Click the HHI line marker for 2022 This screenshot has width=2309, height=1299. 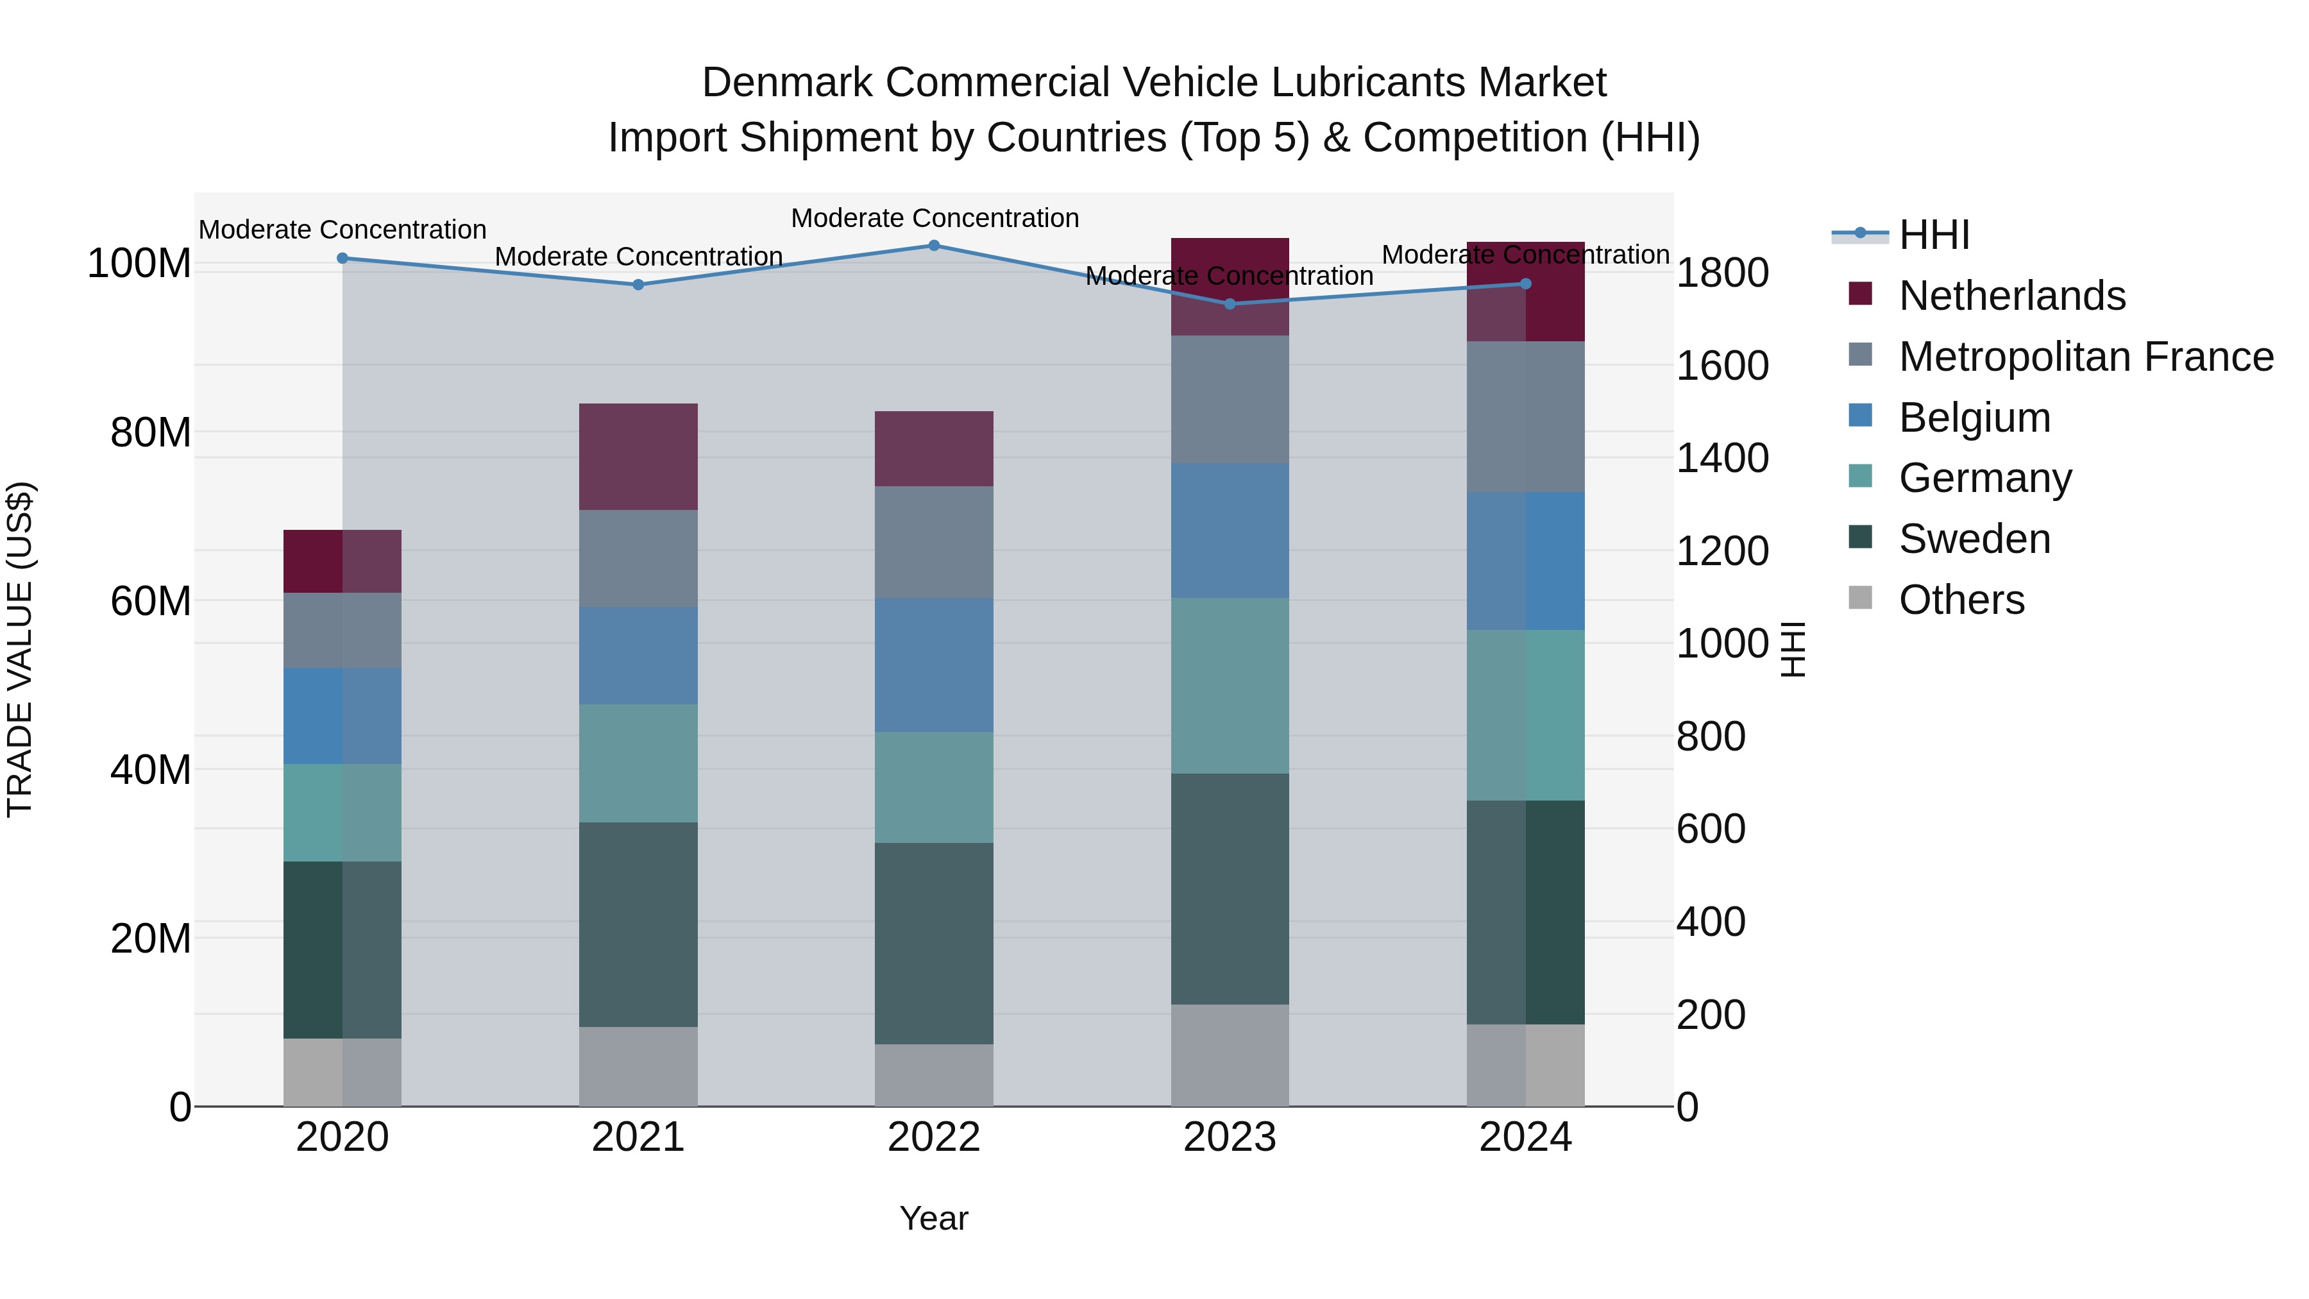[x=933, y=246]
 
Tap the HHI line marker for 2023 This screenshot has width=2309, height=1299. [x=1230, y=304]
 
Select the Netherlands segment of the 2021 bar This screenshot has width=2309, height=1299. [x=638, y=457]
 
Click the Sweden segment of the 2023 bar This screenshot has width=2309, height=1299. [x=1230, y=888]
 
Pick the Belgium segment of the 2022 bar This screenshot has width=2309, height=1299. [x=933, y=665]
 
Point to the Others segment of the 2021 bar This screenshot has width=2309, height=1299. [x=638, y=1066]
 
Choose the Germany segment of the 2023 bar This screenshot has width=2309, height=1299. [x=1230, y=686]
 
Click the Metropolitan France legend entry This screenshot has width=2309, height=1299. [x=2085, y=357]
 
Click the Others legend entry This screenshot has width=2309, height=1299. [x=1961, y=600]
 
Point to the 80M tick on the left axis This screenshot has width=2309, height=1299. [x=151, y=433]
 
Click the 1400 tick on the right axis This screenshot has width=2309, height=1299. [x=1722, y=458]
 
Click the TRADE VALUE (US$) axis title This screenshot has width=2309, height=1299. [x=20, y=649]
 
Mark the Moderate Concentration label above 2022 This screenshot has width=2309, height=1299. [x=934, y=218]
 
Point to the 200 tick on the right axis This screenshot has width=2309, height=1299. [x=1710, y=1015]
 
